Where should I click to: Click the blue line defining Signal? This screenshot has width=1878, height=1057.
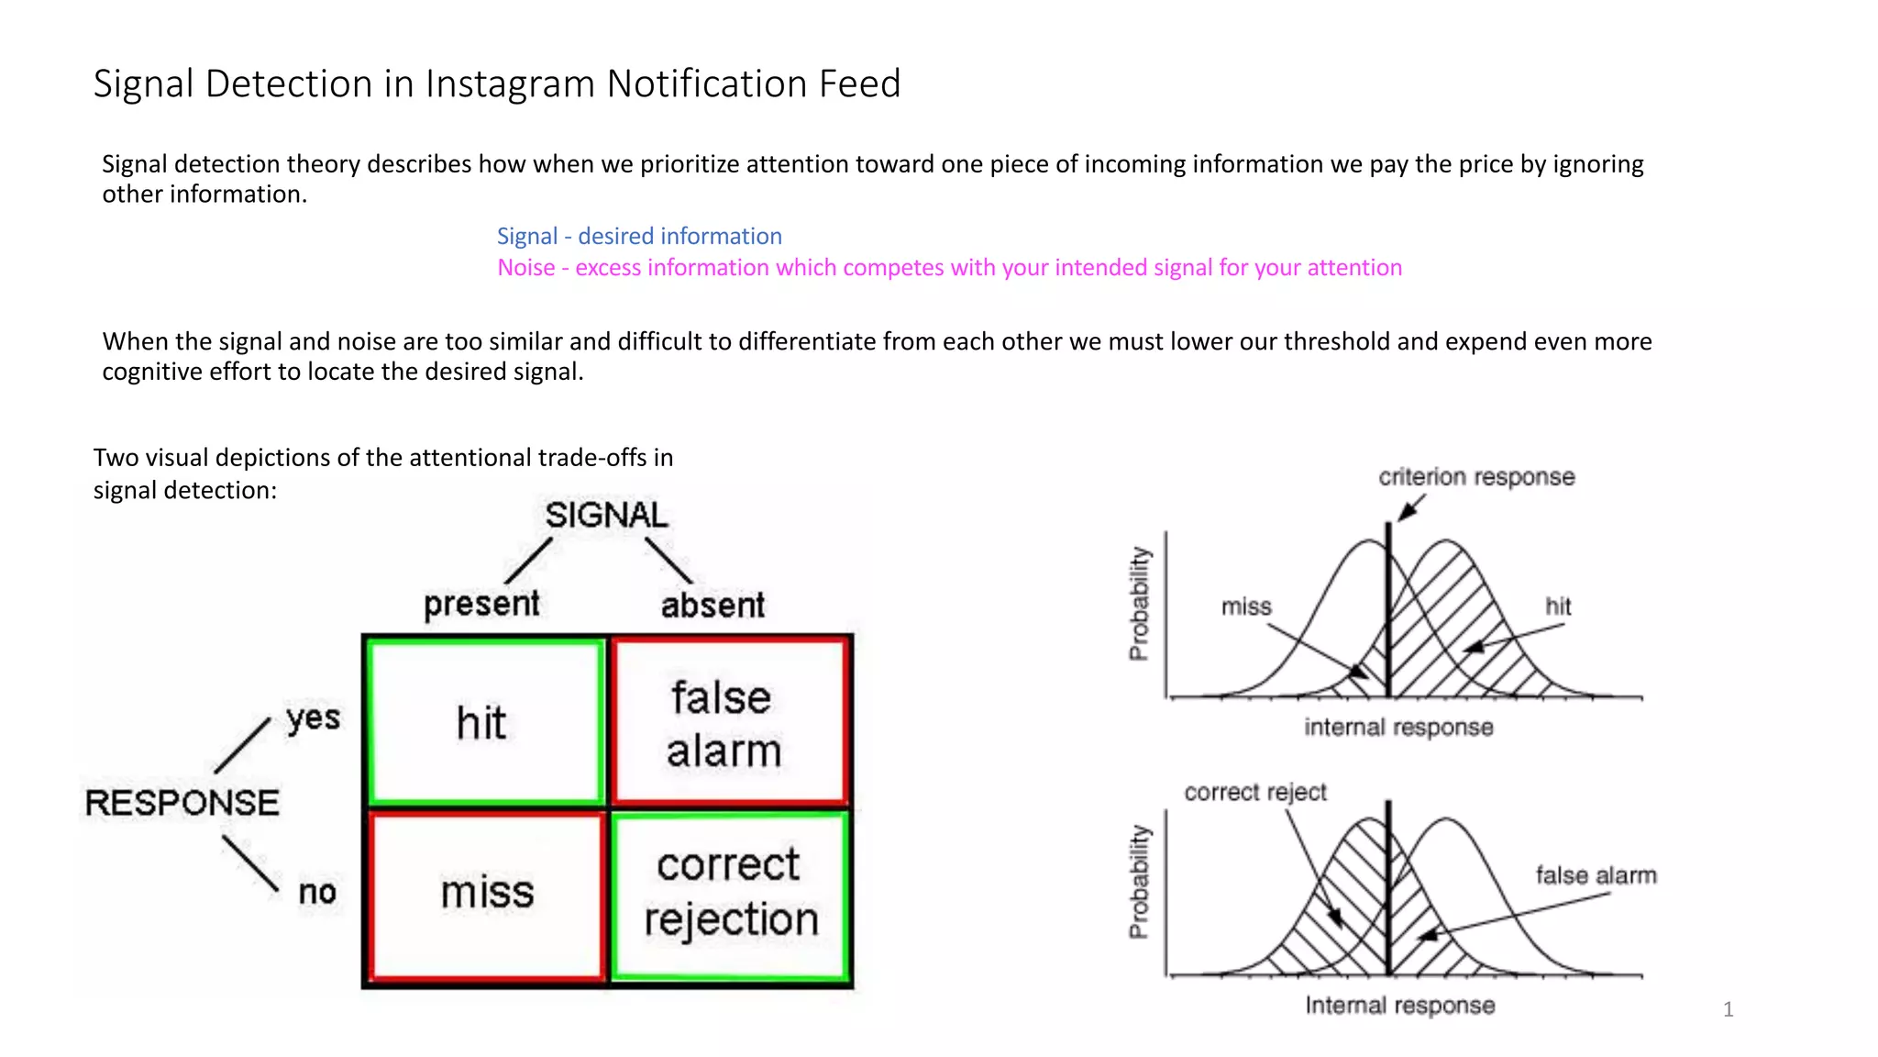pos(639,237)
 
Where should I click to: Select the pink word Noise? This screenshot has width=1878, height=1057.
pos(526,268)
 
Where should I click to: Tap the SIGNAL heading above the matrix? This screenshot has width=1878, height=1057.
pos(606,516)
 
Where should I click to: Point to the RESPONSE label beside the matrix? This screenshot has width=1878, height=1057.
pos(182,804)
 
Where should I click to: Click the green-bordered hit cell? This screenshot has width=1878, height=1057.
pos(483,723)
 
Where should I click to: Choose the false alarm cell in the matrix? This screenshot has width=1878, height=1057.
pos(725,723)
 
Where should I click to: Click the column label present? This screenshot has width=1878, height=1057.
pos(481,604)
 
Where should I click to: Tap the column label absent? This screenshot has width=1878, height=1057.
pos(713,606)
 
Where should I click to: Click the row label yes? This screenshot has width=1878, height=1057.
pos(313,718)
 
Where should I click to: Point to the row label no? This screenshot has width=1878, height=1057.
pos(317,892)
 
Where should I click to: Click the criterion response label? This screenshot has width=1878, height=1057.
pos(1476,477)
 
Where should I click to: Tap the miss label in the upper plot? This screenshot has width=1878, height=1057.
pos(1246,606)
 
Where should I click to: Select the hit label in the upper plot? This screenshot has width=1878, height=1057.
pos(1558,606)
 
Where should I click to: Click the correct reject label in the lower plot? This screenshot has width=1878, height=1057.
pos(1254,792)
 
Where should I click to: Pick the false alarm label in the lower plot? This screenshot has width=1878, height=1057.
pos(1596,875)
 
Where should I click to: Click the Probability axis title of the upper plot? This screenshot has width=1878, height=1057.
pos(1139,604)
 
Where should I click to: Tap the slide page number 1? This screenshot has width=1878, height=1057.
pos(1728,1009)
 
